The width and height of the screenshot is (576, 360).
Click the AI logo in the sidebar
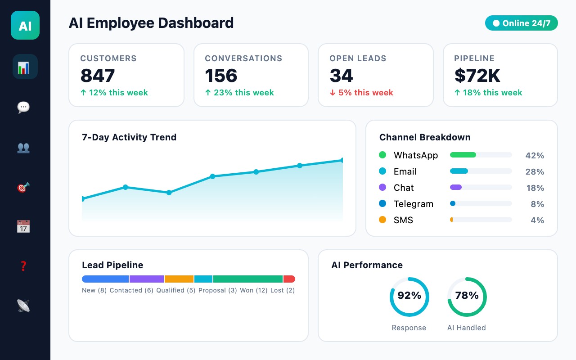(x=25, y=25)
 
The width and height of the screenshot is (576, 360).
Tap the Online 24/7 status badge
(x=521, y=23)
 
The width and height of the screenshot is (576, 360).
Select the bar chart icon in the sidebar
(x=23, y=67)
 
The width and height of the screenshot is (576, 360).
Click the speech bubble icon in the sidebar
(x=23, y=107)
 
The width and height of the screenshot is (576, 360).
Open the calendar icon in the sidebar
(x=23, y=226)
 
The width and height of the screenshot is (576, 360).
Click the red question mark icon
(x=23, y=266)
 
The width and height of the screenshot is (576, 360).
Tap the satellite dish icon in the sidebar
(x=23, y=306)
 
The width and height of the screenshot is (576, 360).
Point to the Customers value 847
(x=98, y=76)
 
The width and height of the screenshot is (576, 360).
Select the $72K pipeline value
(x=477, y=76)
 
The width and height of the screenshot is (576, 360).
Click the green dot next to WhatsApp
(x=382, y=155)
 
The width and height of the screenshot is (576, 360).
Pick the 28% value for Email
(x=535, y=171)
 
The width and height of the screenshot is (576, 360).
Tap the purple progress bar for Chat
(x=456, y=187)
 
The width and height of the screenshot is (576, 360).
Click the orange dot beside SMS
(x=382, y=220)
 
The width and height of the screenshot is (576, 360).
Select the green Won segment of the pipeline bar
(x=248, y=279)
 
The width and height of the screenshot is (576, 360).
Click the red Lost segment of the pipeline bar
(x=289, y=279)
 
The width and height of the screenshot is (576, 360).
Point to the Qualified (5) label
(x=176, y=290)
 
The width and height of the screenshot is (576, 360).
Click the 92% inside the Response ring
(x=409, y=296)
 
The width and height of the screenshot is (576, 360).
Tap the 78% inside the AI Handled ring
(x=467, y=296)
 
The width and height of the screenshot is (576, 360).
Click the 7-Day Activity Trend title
(x=129, y=137)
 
